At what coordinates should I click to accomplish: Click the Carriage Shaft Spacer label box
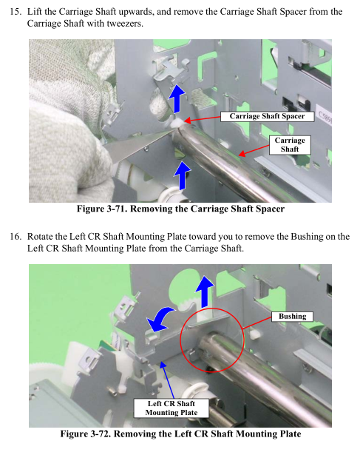point(267,116)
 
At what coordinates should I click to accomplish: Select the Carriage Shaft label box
point(290,145)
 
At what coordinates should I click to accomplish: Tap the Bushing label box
point(292,317)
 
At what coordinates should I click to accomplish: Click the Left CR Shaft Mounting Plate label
point(171,408)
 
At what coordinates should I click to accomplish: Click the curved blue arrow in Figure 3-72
point(160,319)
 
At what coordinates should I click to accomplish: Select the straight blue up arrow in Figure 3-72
point(205,291)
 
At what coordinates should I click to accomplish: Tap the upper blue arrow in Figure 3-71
point(177,98)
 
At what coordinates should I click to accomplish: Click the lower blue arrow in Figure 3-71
point(182,175)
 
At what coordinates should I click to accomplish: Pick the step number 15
point(16,12)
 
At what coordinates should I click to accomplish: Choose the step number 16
point(16,237)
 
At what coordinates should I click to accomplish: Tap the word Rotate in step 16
point(40,237)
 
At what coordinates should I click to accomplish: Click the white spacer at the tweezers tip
point(177,124)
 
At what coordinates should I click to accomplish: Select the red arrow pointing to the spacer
point(202,119)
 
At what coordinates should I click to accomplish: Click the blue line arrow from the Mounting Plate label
point(167,380)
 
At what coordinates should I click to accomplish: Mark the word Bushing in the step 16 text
point(307,237)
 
